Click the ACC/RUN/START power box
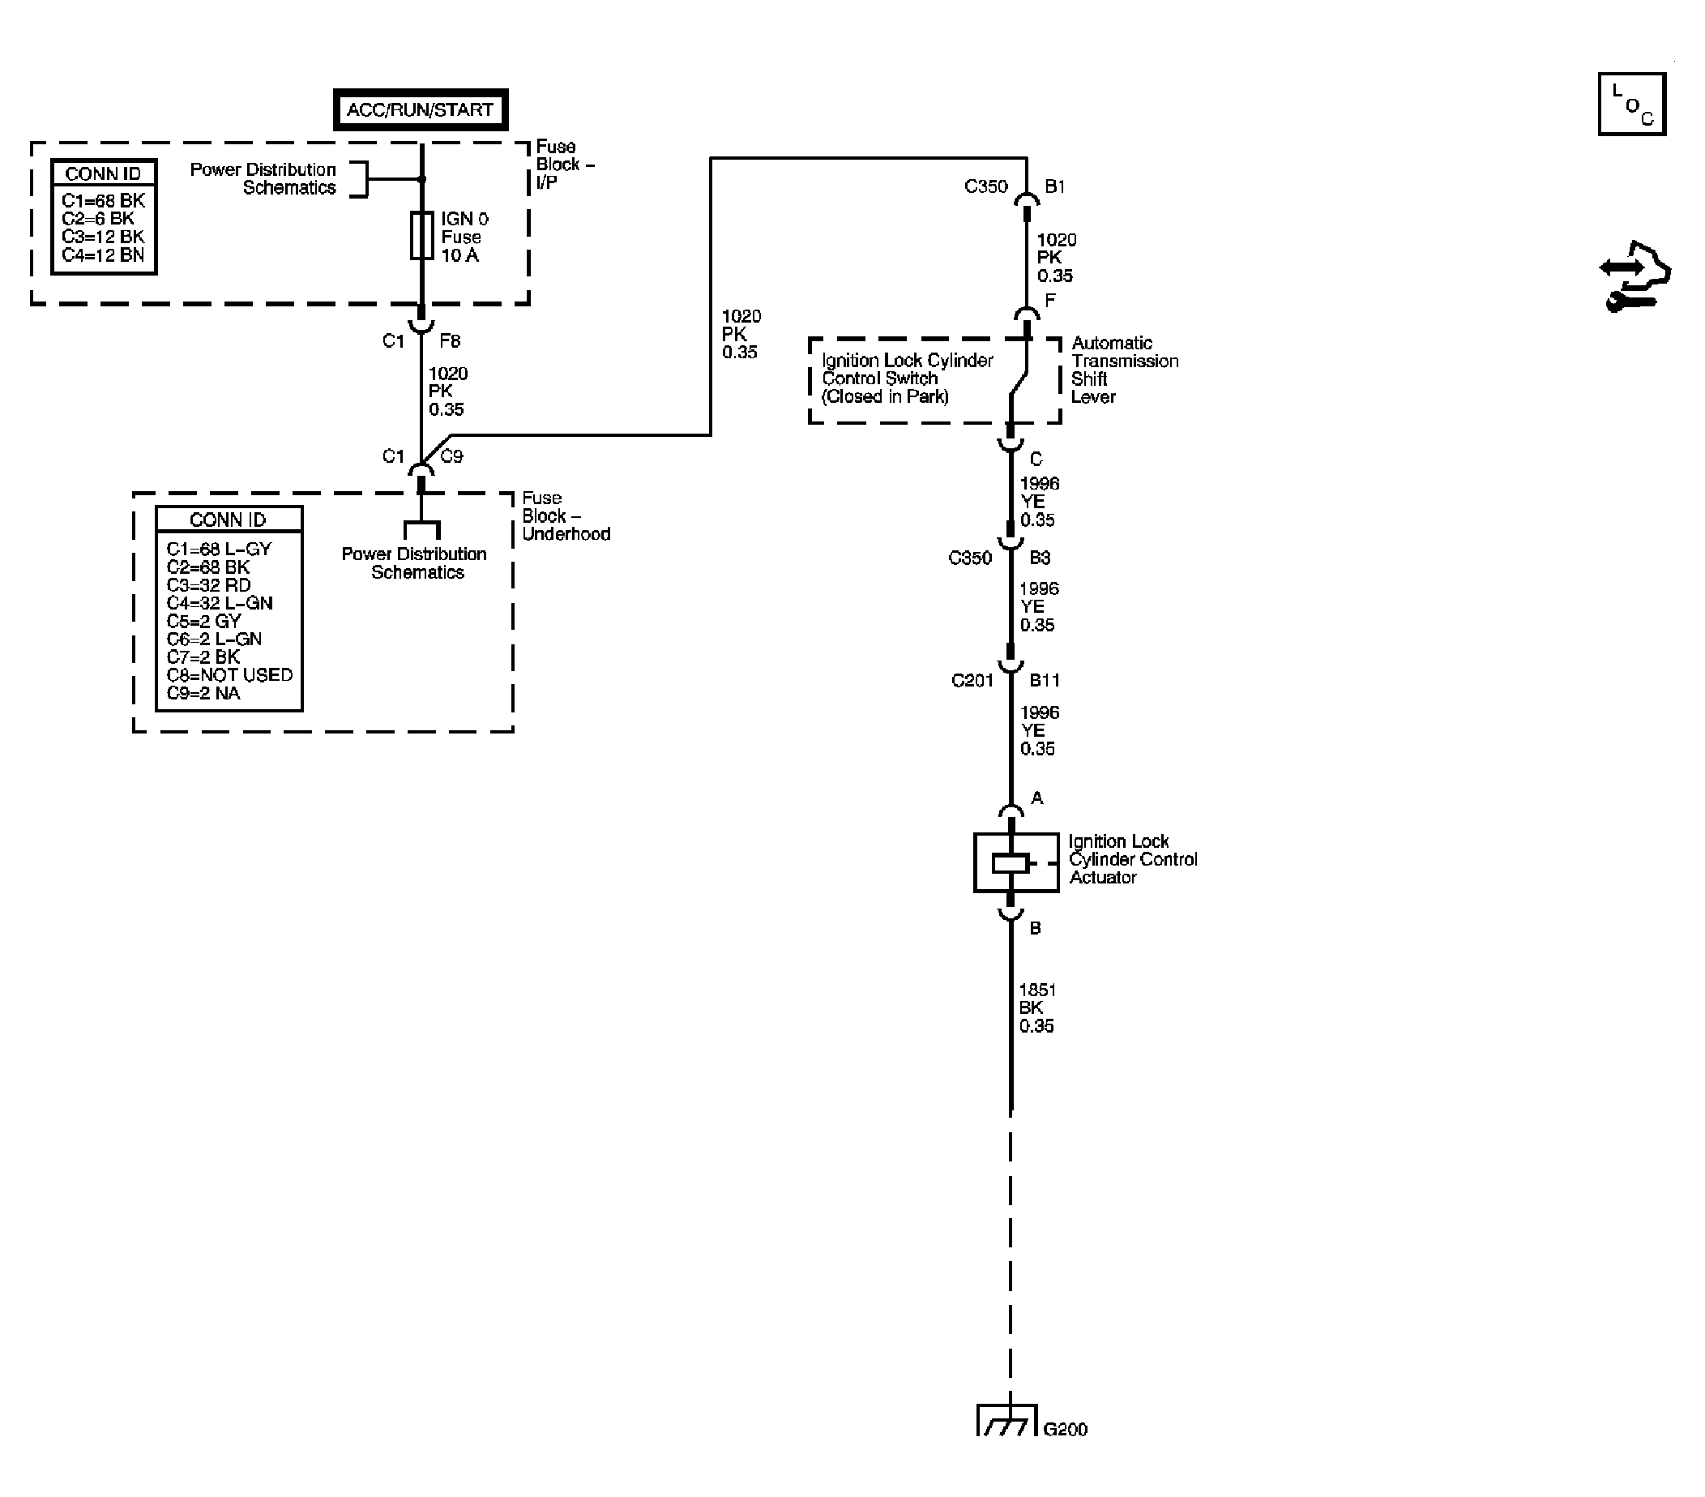[421, 109]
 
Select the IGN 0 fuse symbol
[421, 235]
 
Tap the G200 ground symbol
[1007, 1420]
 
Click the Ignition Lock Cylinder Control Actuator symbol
[1016, 863]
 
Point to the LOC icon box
[1631, 105]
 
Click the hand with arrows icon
[1635, 277]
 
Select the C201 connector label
[972, 681]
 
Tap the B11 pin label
[1045, 681]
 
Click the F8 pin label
[450, 340]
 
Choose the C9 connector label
[451, 456]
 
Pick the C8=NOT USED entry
[229, 675]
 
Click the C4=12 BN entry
[103, 255]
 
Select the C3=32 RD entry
[208, 585]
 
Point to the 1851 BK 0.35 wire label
[1036, 1008]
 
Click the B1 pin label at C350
[1054, 187]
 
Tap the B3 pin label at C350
[1040, 558]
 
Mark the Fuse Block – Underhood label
[566, 515]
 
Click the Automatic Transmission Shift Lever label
[1125, 370]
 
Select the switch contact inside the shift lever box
[1018, 383]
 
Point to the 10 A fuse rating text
[459, 255]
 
